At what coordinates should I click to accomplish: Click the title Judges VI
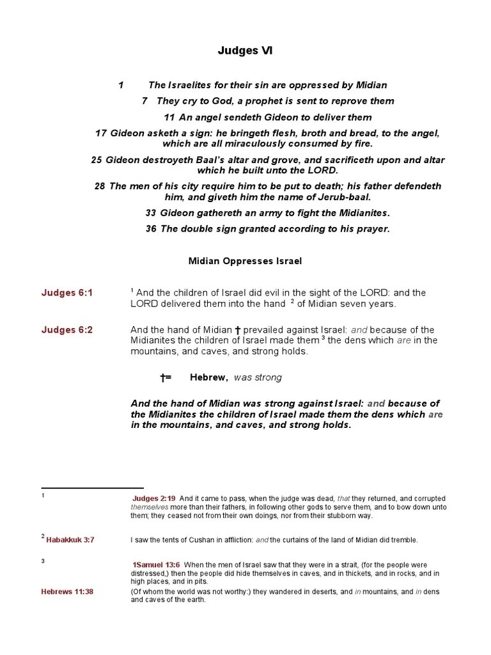click(247, 51)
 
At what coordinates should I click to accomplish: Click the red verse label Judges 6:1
click(67, 293)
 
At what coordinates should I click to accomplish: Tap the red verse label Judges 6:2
click(67, 330)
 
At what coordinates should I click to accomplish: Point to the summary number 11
click(169, 117)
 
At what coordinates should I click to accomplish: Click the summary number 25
click(97, 160)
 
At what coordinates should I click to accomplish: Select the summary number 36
click(151, 229)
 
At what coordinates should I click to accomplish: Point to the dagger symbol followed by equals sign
click(166, 377)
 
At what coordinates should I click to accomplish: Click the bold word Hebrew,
click(209, 377)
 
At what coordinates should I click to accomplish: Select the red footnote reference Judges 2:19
click(154, 498)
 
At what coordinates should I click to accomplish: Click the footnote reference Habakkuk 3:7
click(70, 540)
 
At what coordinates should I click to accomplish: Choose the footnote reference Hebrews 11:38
click(67, 592)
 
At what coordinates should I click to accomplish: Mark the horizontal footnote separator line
click(92, 488)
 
